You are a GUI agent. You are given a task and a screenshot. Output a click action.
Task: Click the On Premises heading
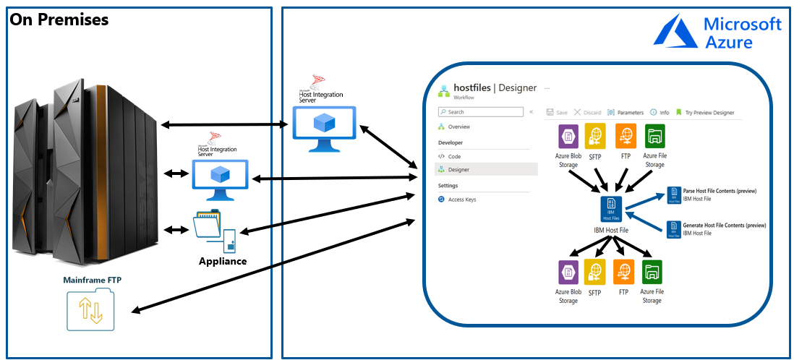59,20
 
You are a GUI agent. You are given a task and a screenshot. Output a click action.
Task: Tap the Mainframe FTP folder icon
90,310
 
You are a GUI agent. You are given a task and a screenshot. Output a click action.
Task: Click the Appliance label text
223,262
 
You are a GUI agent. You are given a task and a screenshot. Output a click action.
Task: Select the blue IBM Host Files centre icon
611,209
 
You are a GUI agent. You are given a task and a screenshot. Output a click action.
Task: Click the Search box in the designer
480,112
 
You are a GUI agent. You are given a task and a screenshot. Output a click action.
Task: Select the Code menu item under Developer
454,156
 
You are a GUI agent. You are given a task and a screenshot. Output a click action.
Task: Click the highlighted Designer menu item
458,169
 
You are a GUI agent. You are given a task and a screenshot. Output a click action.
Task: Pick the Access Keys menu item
462,200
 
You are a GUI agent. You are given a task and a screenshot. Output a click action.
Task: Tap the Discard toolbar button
588,113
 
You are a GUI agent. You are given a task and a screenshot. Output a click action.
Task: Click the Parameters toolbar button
626,113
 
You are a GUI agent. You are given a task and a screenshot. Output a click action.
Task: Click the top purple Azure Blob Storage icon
568,136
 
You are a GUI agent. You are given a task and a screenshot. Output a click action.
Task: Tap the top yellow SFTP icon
595,136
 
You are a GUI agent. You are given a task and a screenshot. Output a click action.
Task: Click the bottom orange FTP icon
623,273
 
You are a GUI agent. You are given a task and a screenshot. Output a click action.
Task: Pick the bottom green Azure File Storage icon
652,273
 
